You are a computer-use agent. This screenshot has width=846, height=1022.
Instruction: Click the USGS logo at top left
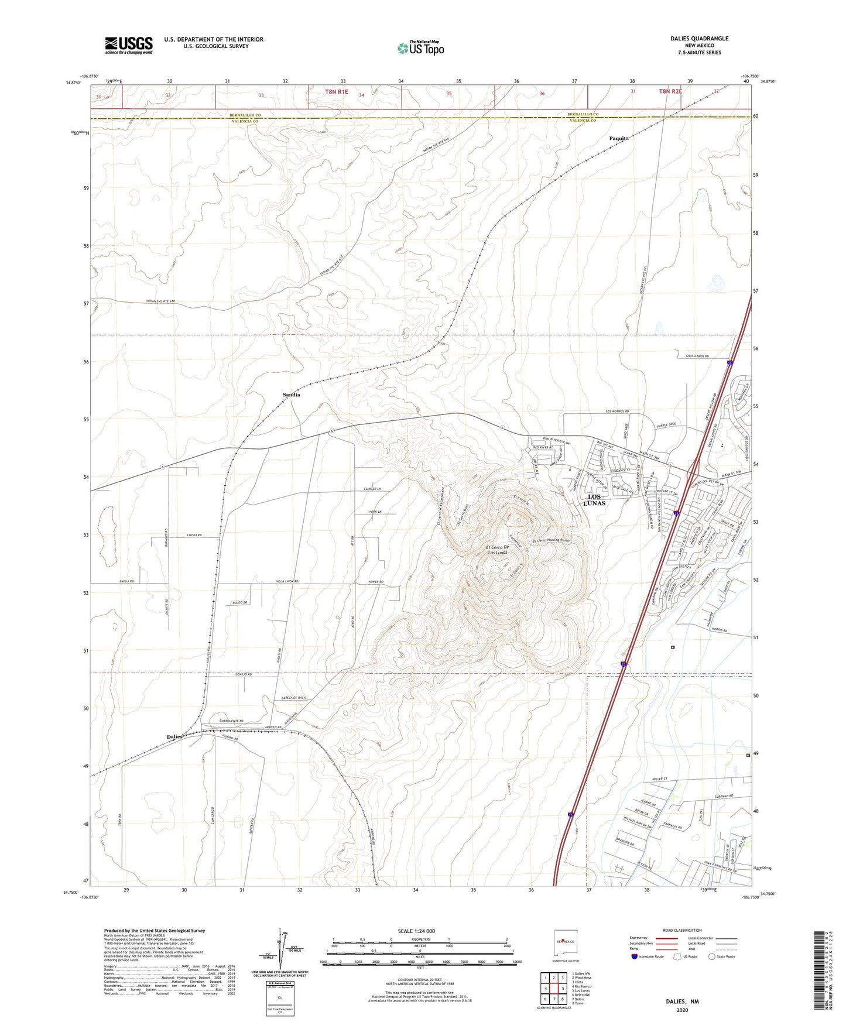(129, 44)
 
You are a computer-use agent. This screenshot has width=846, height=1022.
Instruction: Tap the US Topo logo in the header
(420, 48)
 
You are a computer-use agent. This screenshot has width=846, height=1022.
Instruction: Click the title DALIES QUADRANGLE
(699, 39)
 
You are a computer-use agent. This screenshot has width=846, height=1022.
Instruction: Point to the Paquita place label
(619, 138)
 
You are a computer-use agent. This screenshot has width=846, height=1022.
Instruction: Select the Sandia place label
(292, 395)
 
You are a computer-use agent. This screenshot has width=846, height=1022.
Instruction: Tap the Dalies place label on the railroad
(174, 736)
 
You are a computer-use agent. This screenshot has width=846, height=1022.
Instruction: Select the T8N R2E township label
(670, 91)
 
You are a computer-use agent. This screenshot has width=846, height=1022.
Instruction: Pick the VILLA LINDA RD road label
(285, 581)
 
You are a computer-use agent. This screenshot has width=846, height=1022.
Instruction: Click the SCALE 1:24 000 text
(416, 931)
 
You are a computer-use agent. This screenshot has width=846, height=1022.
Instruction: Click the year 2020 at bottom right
(681, 1010)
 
